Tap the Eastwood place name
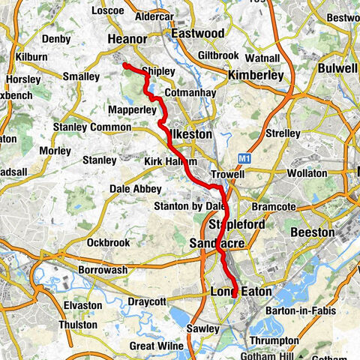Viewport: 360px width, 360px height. click(197, 34)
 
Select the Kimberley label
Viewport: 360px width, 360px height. click(256, 76)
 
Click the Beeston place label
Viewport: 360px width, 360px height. click(313, 232)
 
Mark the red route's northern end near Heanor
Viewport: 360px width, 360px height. click(125, 65)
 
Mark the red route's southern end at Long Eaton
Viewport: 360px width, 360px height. click(235, 295)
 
